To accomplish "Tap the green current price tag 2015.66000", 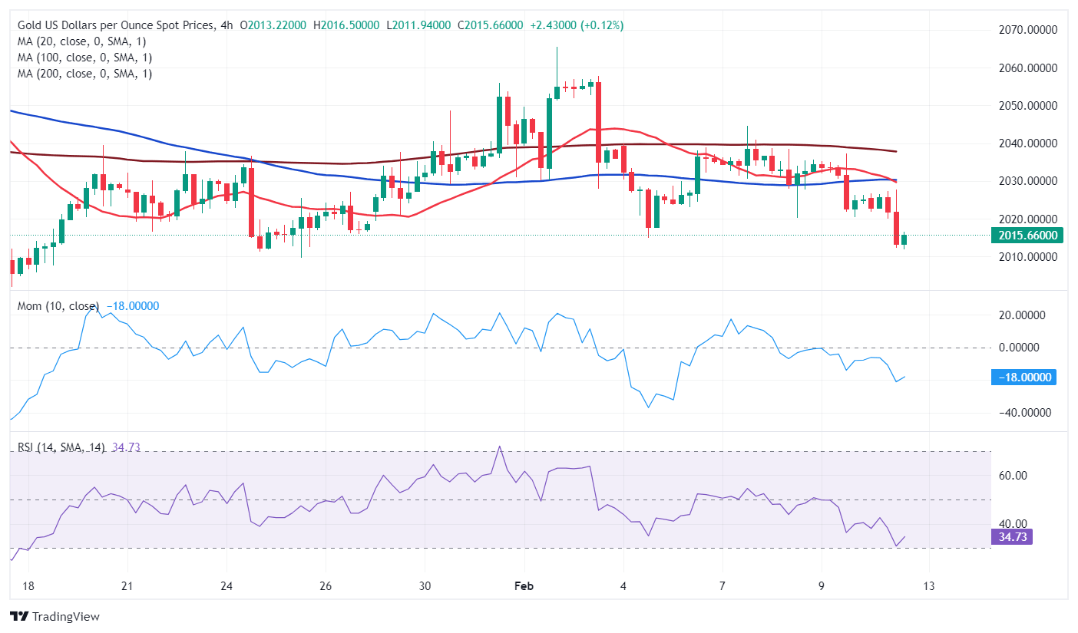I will coord(1027,236).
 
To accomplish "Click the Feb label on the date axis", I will coord(524,585).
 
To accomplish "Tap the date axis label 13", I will coord(928,585).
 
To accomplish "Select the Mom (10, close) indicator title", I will coord(58,306).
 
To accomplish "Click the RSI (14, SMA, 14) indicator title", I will coord(62,447).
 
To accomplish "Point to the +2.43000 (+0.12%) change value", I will coord(577,25).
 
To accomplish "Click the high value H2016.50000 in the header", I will coord(346,25).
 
